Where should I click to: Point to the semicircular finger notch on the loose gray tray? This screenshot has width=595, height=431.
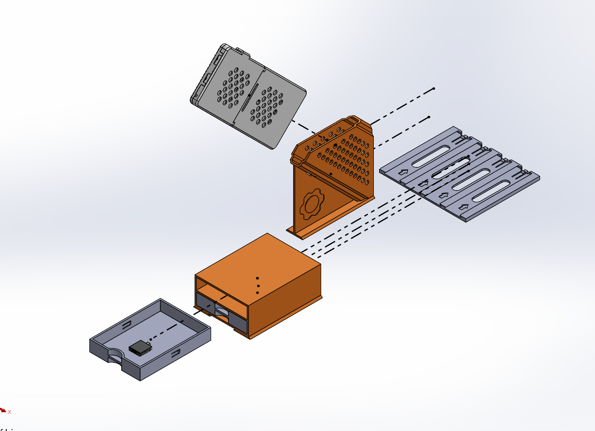click(x=114, y=358)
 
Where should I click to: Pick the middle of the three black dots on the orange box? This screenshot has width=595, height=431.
click(x=258, y=286)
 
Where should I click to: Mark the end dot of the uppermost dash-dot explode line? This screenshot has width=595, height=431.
click(x=434, y=89)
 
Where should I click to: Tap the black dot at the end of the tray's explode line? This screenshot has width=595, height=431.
click(x=182, y=320)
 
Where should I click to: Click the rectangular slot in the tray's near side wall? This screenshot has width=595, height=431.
click(x=175, y=353)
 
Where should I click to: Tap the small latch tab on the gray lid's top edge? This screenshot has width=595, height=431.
click(x=241, y=50)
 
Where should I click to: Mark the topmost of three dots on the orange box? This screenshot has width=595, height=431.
click(x=257, y=278)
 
